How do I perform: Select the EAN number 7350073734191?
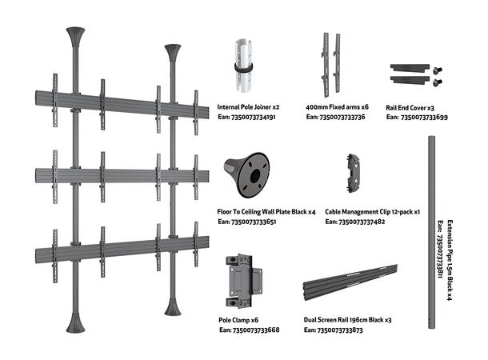coord(246,117)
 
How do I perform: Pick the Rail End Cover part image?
coord(414,74)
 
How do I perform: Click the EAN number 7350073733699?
coord(416,117)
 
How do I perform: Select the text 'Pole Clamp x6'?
coord(238,319)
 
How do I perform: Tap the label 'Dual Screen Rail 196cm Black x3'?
coord(347,319)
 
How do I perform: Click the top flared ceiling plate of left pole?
coord(76,38)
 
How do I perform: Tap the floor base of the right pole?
coord(174,308)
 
